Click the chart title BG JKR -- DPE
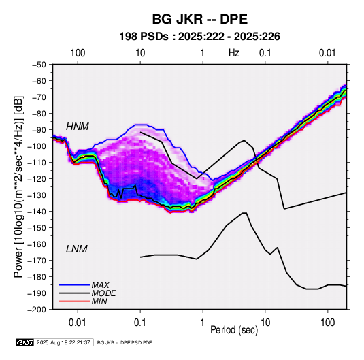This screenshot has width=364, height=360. (200, 19)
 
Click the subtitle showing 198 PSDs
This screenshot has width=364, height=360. (199, 37)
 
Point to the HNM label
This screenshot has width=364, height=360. (78, 127)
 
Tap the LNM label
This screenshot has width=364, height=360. (77, 249)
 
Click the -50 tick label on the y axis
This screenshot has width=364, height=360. (39, 65)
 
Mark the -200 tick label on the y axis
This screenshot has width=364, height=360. (37, 310)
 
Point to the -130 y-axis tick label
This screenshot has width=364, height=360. (37, 195)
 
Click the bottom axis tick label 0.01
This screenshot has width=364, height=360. (78, 323)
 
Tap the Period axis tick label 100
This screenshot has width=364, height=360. (327, 323)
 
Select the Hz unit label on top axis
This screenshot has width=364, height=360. (234, 53)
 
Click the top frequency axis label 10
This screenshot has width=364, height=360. (140, 53)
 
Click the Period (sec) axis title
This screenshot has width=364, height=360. (234, 330)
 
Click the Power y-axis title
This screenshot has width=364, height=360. (18, 186)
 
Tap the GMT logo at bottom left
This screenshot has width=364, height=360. (24, 342)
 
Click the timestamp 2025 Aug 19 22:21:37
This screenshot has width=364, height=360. (63, 342)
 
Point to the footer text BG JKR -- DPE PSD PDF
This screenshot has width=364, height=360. (125, 342)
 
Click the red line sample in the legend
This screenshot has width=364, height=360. (74, 301)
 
